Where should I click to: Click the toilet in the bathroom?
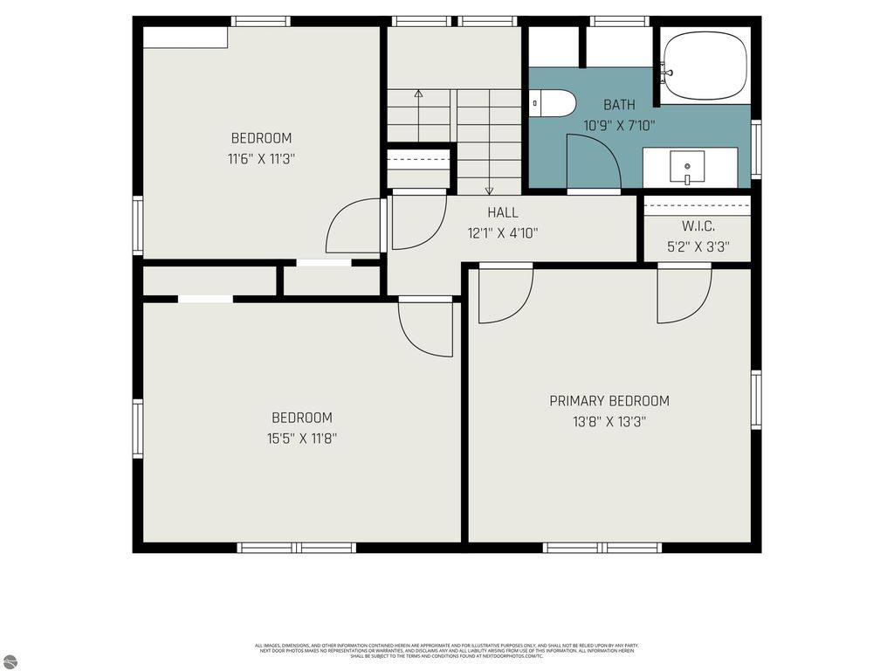tap(554, 103)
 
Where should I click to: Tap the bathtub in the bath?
tap(705, 66)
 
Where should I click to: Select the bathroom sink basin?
tap(687, 166)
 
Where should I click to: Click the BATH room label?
tap(619, 105)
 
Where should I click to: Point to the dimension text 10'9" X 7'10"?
tap(619, 126)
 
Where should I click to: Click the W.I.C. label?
tap(697, 226)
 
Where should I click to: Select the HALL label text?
tap(503, 212)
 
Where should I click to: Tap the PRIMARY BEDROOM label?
tap(609, 401)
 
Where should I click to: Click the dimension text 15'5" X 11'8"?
tap(302, 439)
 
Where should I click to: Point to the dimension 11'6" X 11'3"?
tap(261, 159)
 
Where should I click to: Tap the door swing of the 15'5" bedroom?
tap(425, 329)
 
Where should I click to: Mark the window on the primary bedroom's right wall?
tap(756, 399)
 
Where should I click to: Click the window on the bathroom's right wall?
tap(756, 149)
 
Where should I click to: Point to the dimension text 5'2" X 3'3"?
tap(697, 247)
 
